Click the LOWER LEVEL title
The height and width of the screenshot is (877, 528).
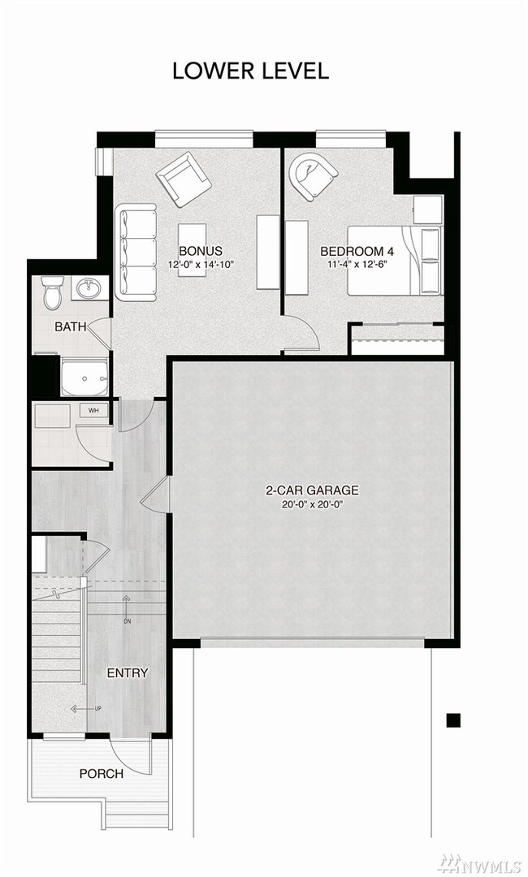[x=250, y=71]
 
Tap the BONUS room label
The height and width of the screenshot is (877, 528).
[x=201, y=251]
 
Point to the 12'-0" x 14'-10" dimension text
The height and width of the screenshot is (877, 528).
[x=201, y=265]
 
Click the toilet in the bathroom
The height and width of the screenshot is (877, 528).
[x=53, y=292]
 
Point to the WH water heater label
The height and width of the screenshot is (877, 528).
[x=93, y=410]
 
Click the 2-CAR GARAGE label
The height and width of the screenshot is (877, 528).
[x=312, y=490]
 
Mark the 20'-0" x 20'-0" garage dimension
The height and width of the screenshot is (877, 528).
[x=312, y=504]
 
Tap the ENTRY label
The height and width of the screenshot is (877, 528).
[x=128, y=672]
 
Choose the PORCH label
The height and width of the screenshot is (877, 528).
[x=102, y=773]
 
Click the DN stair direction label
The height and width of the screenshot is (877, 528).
[x=126, y=621]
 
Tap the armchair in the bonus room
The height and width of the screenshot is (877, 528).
[x=184, y=179]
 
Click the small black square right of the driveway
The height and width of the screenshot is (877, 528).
[x=453, y=719]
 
